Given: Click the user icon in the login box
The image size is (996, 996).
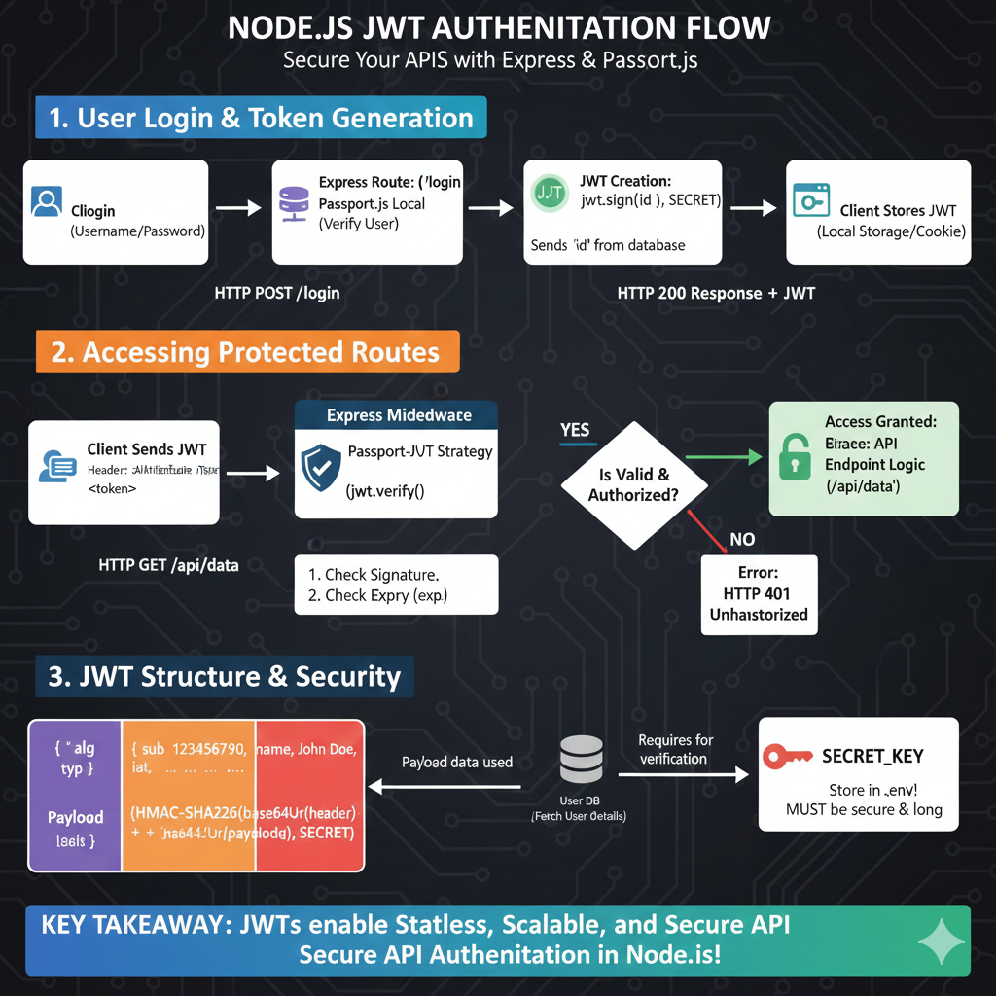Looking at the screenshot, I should coord(47,202).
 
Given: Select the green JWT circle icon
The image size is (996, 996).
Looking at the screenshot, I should coord(550,192).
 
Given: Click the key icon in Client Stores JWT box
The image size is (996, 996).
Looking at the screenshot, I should coord(809,200).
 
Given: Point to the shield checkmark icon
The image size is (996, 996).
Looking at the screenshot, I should coord(320,468).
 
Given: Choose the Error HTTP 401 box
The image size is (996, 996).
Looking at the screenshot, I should coord(758,593).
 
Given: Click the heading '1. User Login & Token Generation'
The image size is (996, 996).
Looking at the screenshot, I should coord(261,119).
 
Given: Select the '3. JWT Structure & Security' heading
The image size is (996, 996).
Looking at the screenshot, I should coord(225,677).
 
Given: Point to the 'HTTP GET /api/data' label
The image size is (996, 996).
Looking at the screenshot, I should coord(168,564).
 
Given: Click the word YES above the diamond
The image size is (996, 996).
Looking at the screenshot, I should coord(575,429).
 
